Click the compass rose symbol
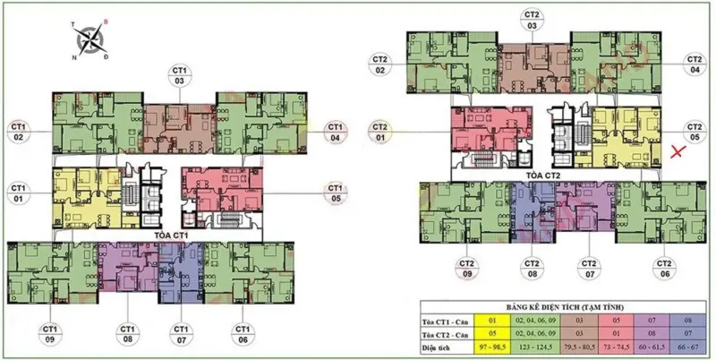tap(90, 39)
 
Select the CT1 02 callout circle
tap(19, 132)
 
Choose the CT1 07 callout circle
tap(183, 333)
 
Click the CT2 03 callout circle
tap(533, 20)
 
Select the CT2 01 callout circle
tap(379, 132)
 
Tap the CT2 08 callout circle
tap(532, 269)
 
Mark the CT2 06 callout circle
tap(663, 269)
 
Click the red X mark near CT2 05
tap(679, 153)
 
